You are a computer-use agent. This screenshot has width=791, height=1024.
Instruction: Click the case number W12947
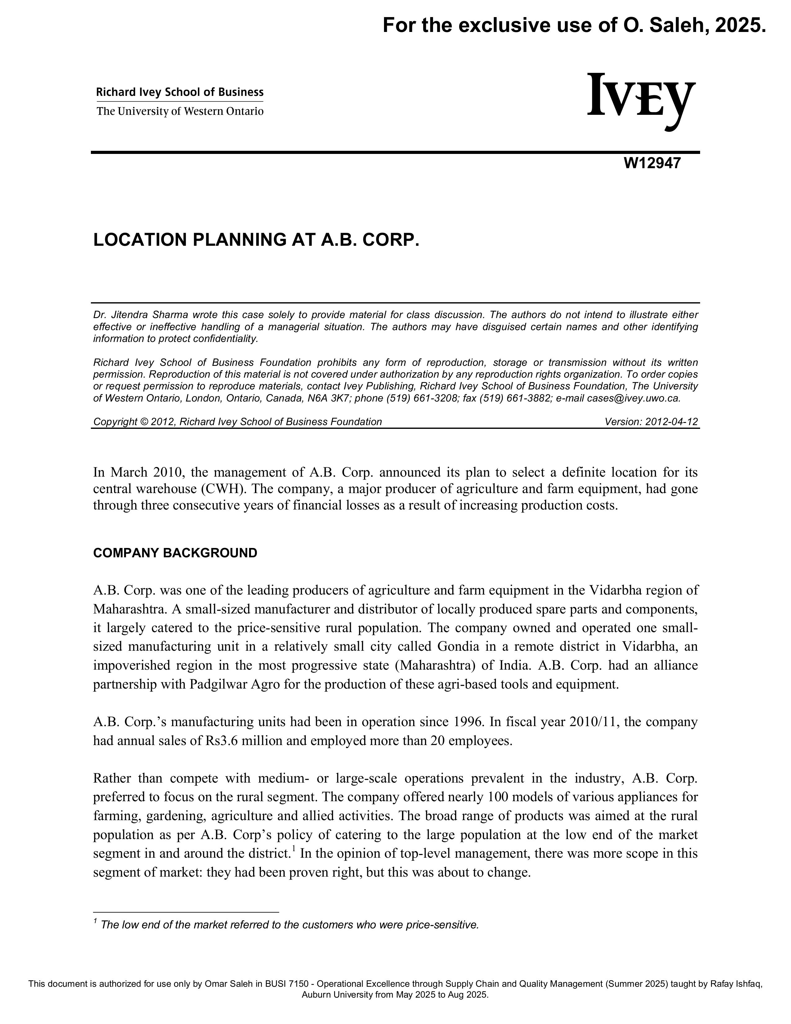click(x=652, y=164)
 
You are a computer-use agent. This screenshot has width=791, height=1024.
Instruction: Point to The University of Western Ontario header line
click(x=180, y=112)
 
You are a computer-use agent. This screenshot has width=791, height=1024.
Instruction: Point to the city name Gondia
click(x=458, y=647)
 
